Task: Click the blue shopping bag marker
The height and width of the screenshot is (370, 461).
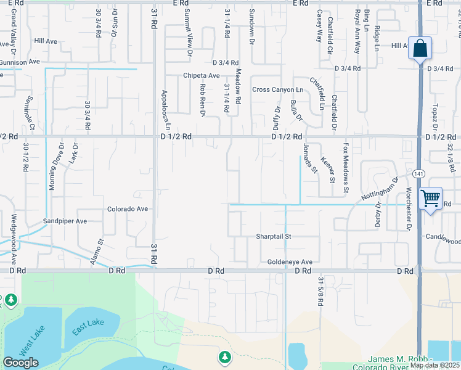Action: (x=420, y=48)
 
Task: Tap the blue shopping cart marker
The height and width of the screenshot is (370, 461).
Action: (x=430, y=199)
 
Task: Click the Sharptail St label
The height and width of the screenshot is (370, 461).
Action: (x=274, y=236)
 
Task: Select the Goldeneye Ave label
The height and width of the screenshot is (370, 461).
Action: (x=290, y=262)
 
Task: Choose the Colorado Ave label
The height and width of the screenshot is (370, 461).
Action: (x=128, y=209)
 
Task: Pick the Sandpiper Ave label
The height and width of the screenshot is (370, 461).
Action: (x=65, y=221)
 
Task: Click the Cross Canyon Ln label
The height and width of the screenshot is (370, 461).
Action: (x=278, y=89)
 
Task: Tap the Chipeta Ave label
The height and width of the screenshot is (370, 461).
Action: (x=201, y=75)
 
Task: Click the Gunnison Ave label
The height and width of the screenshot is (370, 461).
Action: (x=20, y=62)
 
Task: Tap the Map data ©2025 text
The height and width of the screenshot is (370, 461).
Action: (x=434, y=365)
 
